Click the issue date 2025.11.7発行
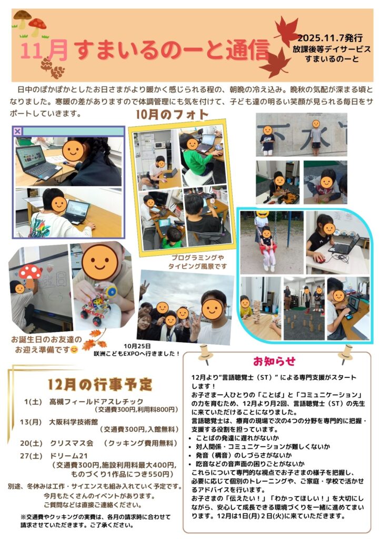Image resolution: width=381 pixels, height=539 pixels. coord(330,38)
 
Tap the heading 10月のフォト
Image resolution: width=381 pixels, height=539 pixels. coord(172,114)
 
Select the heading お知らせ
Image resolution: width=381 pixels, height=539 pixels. coord(274,361)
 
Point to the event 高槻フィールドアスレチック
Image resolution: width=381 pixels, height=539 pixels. coord(96,401)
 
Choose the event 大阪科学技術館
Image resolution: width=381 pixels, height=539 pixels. coord(74,422)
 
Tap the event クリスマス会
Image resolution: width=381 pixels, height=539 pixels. coord(72,443)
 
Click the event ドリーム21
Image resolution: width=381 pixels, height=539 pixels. coord(69,456)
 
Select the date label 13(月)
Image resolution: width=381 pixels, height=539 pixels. coord(31,422)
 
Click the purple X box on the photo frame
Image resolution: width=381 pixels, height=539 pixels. coord(17,131)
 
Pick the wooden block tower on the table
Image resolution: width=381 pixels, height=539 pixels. coord(257,312)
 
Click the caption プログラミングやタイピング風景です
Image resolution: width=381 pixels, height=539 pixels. coord(197,262)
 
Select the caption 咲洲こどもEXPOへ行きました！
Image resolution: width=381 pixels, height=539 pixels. coord(137,353)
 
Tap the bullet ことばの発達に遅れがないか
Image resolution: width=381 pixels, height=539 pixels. coord(237,438)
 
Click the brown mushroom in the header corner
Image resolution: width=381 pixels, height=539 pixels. coord(22,19)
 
